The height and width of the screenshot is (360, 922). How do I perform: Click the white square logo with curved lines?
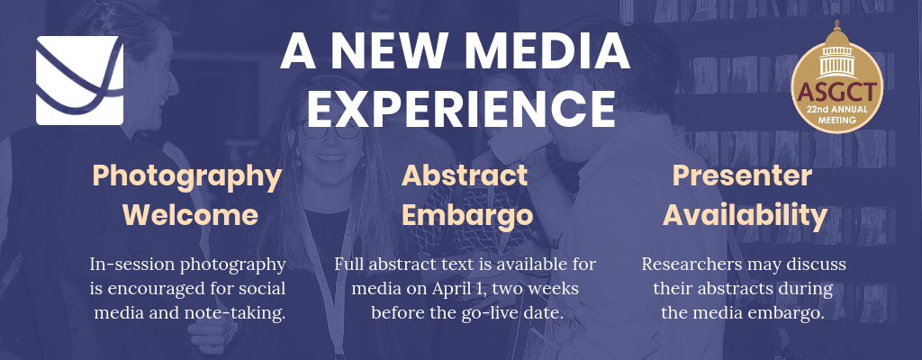[80, 81]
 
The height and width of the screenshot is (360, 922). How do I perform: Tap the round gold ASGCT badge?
[836, 84]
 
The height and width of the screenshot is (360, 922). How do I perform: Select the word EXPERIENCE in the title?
[461, 109]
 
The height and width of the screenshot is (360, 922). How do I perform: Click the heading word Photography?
[187, 177]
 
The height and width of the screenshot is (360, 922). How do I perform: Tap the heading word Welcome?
[191, 215]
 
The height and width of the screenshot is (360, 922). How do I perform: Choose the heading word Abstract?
[465, 175]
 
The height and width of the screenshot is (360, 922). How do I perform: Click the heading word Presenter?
[742, 175]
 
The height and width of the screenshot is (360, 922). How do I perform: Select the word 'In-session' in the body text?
[132, 264]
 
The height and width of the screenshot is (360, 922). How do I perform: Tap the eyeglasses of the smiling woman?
[330, 130]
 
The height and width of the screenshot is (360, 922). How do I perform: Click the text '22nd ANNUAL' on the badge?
[836, 110]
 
